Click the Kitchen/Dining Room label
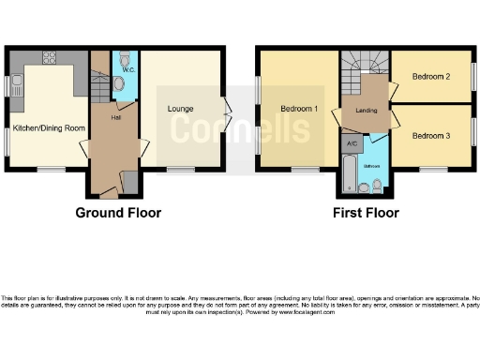click(x=44, y=127)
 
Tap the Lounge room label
click(x=181, y=109)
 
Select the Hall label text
click(x=115, y=117)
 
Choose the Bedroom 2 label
click(x=431, y=77)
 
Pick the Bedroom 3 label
click(x=431, y=136)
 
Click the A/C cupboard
click(x=351, y=143)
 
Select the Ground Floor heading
click(x=118, y=213)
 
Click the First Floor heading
click(x=367, y=213)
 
